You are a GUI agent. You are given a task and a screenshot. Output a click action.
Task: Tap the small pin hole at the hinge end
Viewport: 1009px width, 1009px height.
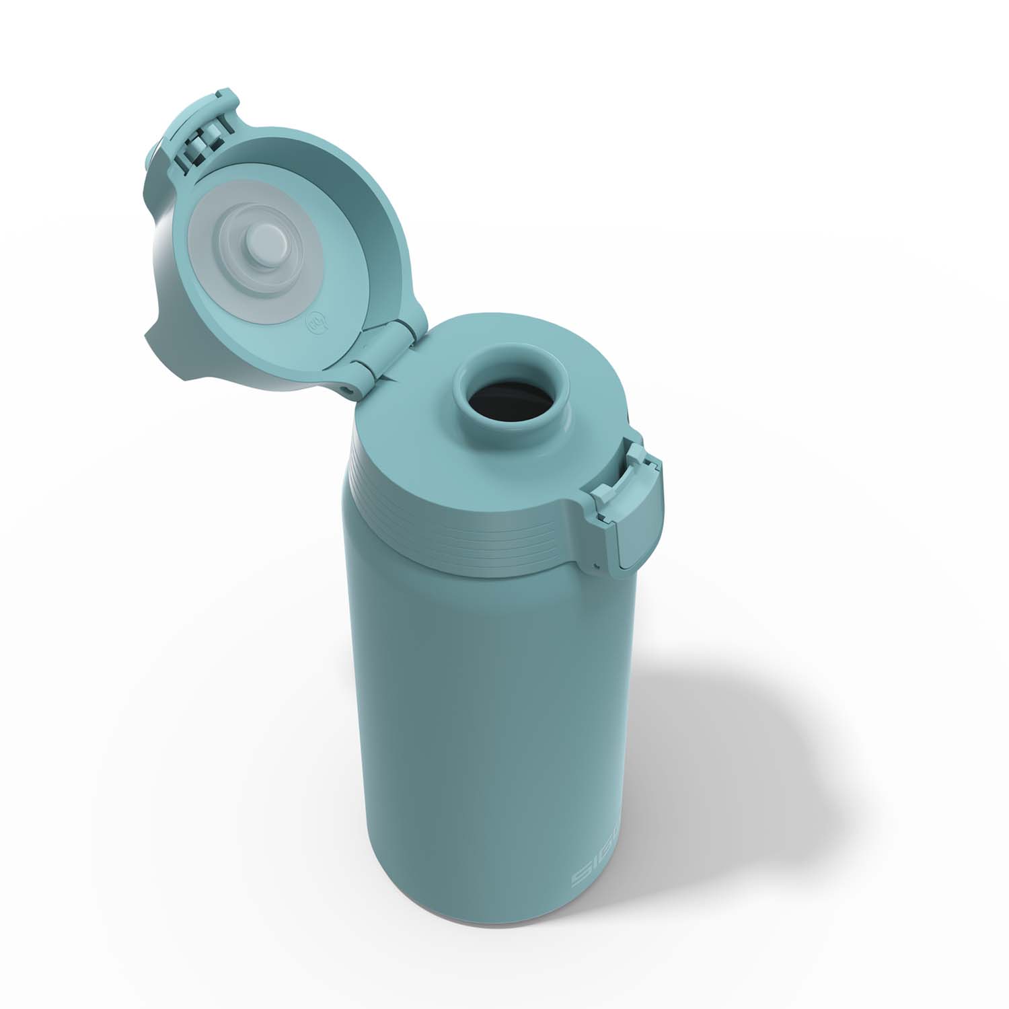pos(347,389)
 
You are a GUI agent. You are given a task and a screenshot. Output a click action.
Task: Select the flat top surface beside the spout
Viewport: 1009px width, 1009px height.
pos(417,431)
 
